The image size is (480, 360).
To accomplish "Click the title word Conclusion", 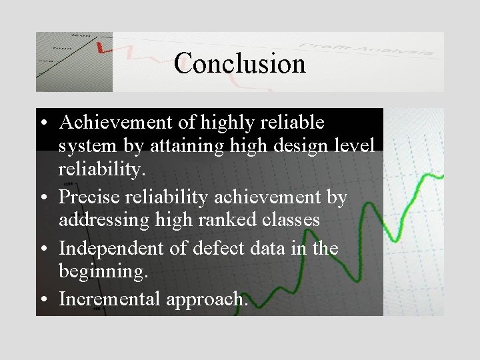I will [240, 64].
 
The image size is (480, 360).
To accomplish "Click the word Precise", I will [89, 198].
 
